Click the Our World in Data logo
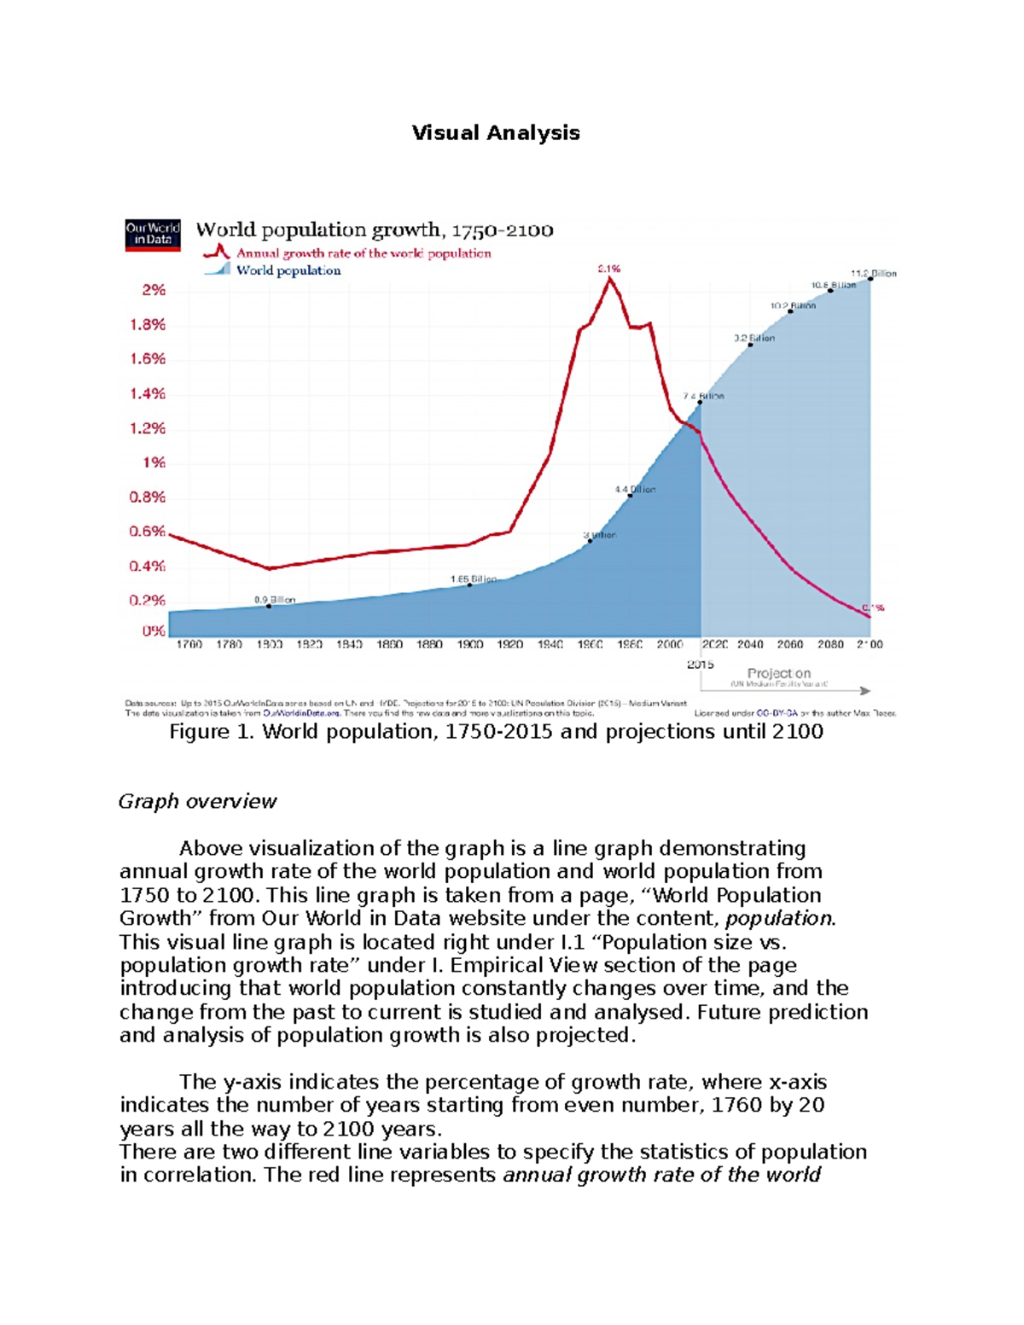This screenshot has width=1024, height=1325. (x=153, y=235)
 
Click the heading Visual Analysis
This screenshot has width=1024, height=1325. (x=496, y=133)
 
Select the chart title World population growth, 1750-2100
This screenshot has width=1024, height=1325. (x=375, y=230)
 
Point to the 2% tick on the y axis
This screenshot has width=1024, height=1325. (x=154, y=290)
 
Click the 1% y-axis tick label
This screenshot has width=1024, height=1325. (x=154, y=462)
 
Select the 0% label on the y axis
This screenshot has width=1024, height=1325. (x=154, y=631)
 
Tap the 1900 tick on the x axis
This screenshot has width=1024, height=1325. (x=469, y=645)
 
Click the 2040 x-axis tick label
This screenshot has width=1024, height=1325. (x=750, y=645)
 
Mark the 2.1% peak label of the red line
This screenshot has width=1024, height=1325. (x=608, y=269)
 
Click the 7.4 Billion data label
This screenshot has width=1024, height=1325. (x=703, y=397)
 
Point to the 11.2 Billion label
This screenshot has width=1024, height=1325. (x=873, y=274)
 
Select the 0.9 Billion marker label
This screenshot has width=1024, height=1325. (x=275, y=600)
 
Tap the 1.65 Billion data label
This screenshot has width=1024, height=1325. (x=473, y=579)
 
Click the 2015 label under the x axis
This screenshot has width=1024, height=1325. (x=700, y=665)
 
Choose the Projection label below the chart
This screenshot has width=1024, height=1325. (x=778, y=673)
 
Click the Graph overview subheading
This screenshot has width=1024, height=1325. (x=197, y=801)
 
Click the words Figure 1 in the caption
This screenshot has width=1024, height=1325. (x=212, y=732)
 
